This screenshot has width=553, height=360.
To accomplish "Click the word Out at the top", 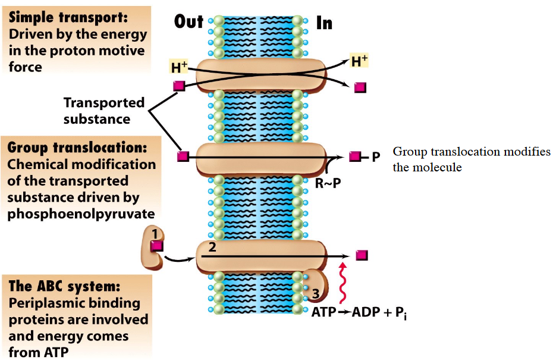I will coord(188,22).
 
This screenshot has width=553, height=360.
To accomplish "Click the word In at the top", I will coord(324,23).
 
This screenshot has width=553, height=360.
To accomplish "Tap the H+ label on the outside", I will coord(180,68).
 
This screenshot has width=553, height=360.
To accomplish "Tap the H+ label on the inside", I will coord(359,61).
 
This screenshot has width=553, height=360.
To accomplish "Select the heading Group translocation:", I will coord(77,148).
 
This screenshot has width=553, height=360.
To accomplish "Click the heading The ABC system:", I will coord(64,286).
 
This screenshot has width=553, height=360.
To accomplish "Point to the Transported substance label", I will coord(104,111).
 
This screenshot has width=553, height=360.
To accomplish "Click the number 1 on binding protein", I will coord(154,234).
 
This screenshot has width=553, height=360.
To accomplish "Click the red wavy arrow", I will coord(343,284).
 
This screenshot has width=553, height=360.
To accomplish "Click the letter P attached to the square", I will coord(375,157).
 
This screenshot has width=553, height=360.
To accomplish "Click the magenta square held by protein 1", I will coord(157,245).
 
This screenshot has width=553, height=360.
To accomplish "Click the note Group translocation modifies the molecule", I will coord(472,159).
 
